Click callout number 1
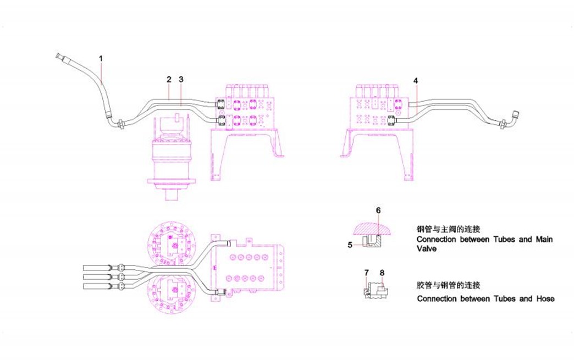101,58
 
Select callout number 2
169,79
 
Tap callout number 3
181,79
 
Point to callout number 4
416,80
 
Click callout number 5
350,245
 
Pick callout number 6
378,210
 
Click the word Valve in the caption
427,248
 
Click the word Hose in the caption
545,298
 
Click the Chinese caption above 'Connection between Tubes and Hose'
449,285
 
